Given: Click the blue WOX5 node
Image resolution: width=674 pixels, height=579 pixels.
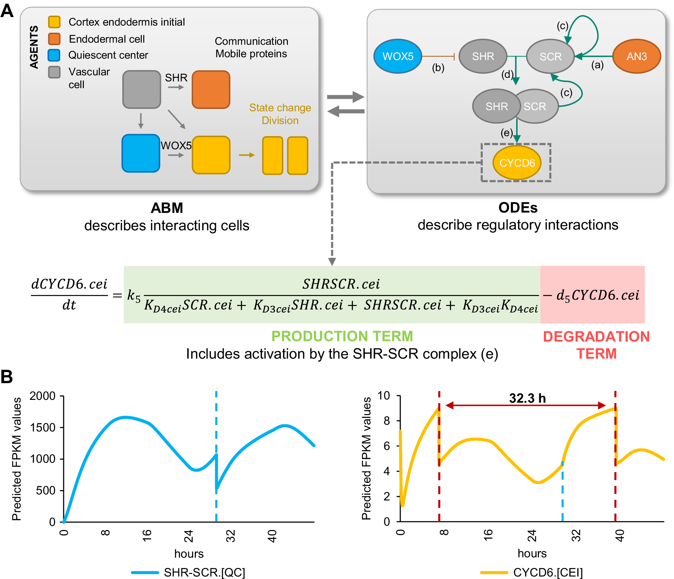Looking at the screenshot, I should (398, 56).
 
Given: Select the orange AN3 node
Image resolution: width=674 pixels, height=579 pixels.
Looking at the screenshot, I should (636, 56).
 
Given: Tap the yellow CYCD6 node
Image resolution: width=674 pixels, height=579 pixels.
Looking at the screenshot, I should (517, 163).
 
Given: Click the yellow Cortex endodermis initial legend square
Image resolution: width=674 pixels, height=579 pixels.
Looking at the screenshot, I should (54, 22).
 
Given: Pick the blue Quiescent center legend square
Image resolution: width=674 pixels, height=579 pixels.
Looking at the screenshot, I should (54, 55).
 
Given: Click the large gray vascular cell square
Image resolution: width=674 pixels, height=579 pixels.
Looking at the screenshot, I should (141, 89).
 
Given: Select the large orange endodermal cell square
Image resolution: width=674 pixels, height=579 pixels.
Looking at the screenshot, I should (211, 89).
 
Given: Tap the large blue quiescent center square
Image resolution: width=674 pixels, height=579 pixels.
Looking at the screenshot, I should (141, 153).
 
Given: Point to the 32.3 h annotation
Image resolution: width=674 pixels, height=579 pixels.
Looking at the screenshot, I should (527, 398).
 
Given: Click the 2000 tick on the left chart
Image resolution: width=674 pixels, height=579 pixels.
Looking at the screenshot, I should (42, 396).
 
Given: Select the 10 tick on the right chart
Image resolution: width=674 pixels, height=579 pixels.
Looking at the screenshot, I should (384, 395).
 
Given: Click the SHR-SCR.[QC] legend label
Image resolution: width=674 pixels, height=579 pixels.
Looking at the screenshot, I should (204, 572).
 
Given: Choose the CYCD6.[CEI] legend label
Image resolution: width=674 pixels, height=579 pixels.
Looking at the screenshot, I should (548, 572).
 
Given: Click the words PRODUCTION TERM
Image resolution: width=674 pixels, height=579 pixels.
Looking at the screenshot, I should (342, 336).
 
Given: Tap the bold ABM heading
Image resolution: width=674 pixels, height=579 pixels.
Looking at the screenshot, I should (167, 208).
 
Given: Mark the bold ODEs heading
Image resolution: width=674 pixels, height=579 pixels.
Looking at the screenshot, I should (518, 208).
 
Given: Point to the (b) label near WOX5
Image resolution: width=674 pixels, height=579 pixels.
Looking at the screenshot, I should (438, 68).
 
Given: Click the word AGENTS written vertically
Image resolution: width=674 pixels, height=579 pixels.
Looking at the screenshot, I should (34, 47).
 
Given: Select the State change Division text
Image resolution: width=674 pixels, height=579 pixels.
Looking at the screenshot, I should (280, 114).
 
